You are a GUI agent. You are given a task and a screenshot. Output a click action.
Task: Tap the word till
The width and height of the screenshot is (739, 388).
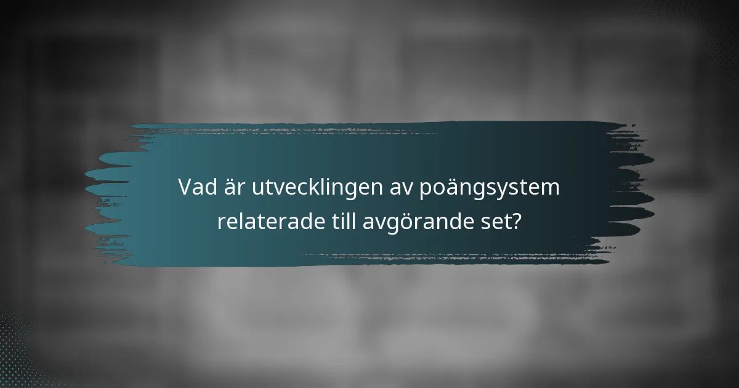338,222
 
